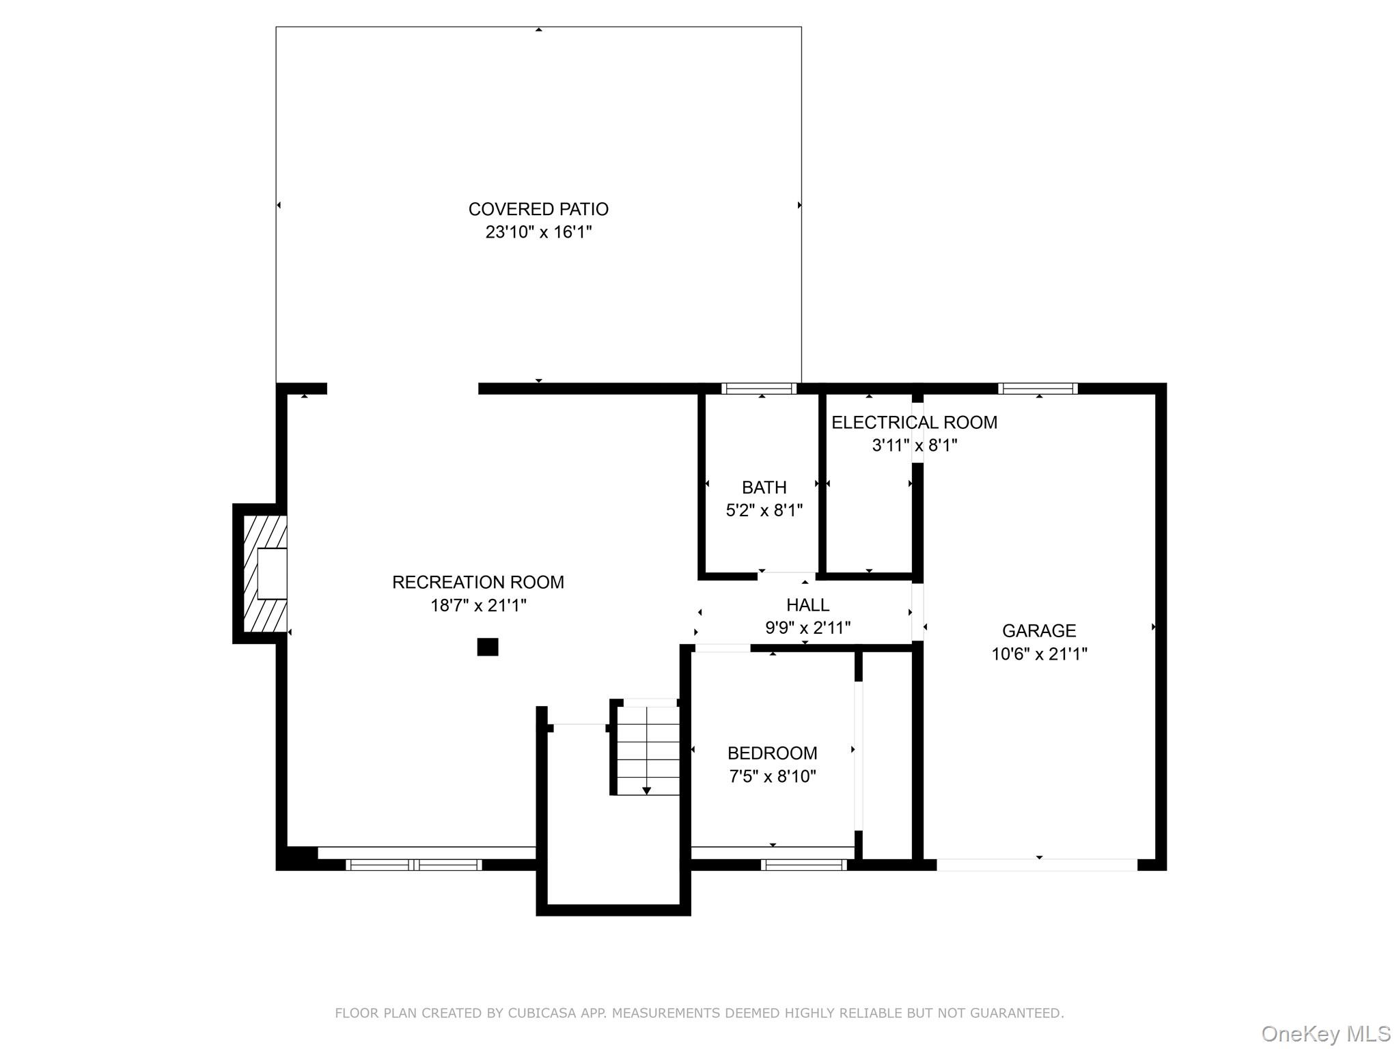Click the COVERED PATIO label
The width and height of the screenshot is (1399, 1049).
tap(538, 209)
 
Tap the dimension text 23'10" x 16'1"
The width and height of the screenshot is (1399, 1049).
tap(538, 232)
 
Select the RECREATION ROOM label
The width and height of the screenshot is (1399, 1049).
tap(477, 583)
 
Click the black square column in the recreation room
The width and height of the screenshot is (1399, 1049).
tap(487, 647)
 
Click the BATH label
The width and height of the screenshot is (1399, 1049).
tap(764, 488)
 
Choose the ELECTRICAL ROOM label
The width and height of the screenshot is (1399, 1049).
tap(914, 423)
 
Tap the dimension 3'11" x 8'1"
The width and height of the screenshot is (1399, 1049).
tap(914, 445)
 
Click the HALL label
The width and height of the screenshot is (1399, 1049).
tap(807, 605)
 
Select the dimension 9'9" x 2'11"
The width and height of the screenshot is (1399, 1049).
tap(807, 628)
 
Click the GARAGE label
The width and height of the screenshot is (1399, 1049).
tap(1038, 631)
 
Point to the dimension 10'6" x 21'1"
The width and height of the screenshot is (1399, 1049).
tap(1038, 654)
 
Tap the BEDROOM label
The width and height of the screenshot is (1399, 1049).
tap(772, 753)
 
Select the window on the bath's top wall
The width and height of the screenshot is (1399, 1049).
tap(759, 389)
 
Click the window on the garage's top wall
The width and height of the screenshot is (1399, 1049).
tap(1038, 389)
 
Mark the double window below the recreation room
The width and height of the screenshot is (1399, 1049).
tap(414, 865)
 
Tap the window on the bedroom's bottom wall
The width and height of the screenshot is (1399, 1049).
tap(803, 865)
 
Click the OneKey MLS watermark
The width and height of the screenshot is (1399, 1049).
tap(1325, 1034)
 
